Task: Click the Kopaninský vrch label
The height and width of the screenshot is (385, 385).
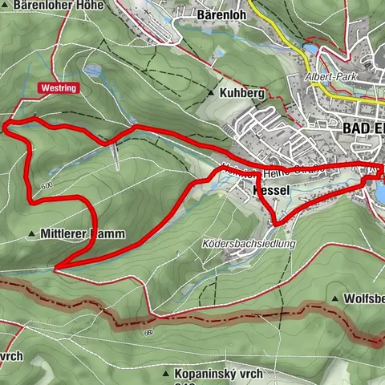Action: coord(222,374)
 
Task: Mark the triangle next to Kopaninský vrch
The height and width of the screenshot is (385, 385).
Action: coord(165,374)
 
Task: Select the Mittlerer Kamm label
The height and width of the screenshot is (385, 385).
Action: coord(77,234)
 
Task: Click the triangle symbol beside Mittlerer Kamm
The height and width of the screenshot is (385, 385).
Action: coord(32,234)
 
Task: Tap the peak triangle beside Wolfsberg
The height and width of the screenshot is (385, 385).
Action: coord(335,298)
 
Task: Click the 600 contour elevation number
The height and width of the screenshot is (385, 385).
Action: coord(45,187)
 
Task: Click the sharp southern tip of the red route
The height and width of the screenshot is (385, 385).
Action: coord(56,267)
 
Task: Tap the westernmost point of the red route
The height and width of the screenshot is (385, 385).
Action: coord(5,125)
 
